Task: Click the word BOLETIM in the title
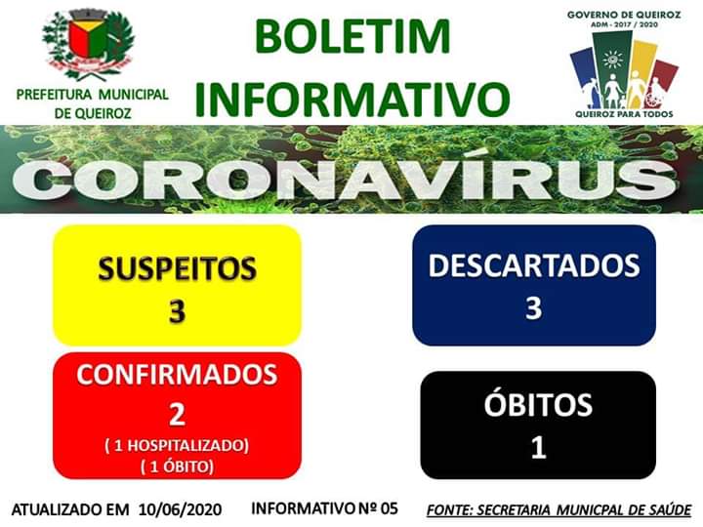click(351, 36)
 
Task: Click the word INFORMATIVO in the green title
click(352, 99)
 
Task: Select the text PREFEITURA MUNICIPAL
click(93, 95)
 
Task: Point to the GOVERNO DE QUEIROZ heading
click(624, 15)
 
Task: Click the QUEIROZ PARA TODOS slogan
click(624, 114)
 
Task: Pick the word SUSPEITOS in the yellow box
click(177, 268)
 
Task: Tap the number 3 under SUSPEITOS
click(177, 311)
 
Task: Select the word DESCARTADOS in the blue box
click(534, 265)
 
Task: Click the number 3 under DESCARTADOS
click(533, 307)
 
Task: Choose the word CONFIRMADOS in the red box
click(177, 374)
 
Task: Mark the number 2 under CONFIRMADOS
click(177, 415)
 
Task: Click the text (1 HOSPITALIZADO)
click(177, 445)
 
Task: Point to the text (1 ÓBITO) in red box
click(177, 466)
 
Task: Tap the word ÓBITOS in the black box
click(538, 404)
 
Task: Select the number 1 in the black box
click(538, 447)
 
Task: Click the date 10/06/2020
click(181, 509)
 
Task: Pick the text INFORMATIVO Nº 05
click(324, 508)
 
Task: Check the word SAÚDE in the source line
click(671, 510)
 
